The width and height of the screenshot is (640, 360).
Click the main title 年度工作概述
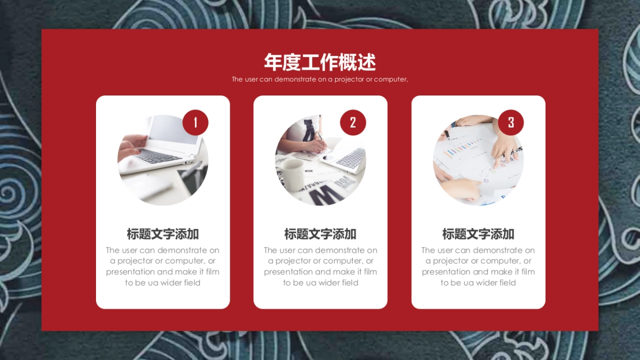tap(320, 62)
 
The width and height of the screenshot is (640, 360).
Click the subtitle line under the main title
tap(320, 79)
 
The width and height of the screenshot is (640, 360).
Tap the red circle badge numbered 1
tap(195, 123)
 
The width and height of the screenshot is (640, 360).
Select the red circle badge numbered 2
tap(353, 123)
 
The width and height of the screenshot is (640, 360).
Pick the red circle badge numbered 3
tap(511, 123)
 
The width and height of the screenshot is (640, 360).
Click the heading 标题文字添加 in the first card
tap(163, 234)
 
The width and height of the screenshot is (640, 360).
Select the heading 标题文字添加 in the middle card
tap(320, 234)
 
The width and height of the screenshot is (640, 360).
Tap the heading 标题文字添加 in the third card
tap(478, 234)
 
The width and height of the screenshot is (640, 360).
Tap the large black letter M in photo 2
tap(323, 195)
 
